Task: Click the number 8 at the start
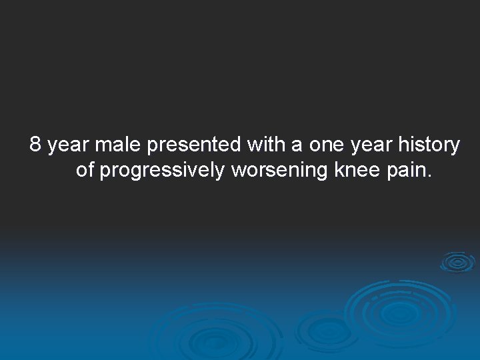pos(36,144)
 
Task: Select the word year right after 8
pos(69,145)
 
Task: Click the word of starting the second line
pos(85,171)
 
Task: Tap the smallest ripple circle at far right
pos(457,262)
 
